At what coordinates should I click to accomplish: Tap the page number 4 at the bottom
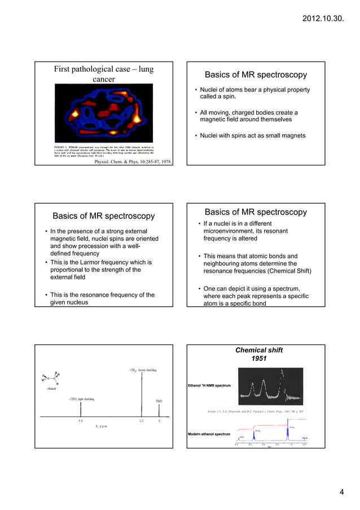(x=341, y=491)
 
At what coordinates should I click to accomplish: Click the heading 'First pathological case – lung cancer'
(x=104, y=75)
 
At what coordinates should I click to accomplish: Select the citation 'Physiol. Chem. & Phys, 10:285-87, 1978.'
(x=133, y=161)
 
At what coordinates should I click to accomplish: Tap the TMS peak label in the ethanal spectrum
(x=159, y=402)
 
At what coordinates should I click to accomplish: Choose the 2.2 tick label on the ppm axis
(x=142, y=421)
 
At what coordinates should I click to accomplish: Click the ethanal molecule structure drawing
(x=51, y=379)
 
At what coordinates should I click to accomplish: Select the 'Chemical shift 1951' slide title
(x=258, y=354)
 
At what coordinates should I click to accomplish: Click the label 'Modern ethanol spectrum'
(x=209, y=434)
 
